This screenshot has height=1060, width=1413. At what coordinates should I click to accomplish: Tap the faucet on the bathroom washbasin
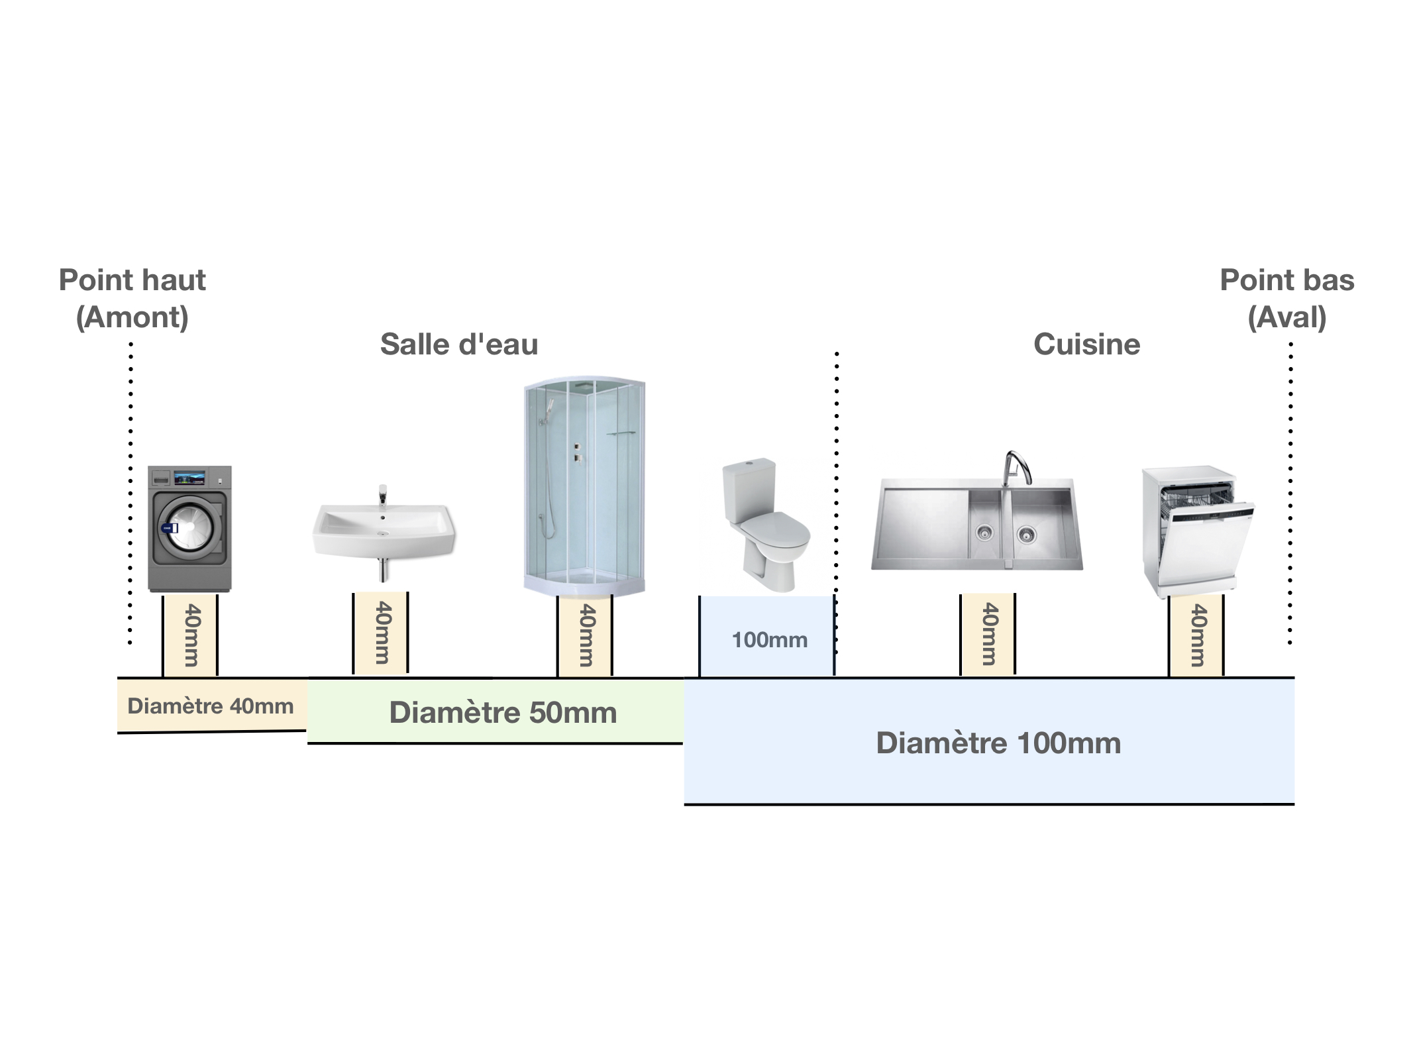(382, 496)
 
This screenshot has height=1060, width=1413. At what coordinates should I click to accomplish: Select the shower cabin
(584, 487)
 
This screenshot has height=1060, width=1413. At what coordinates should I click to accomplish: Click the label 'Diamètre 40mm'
(210, 706)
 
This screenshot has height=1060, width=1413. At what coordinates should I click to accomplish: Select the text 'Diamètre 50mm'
(503, 713)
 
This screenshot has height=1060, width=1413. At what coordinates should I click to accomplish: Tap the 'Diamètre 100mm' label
(998, 743)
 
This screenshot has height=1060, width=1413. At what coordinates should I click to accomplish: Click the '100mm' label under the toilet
(769, 640)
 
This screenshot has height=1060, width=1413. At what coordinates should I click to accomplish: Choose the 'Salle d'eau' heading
(459, 344)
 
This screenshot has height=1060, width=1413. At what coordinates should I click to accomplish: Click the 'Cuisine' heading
(1086, 344)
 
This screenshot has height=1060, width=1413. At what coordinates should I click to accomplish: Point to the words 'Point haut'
(132, 280)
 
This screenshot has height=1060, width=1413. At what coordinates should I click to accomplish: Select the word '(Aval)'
(1286, 317)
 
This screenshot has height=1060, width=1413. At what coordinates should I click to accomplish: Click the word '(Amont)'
(132, 317)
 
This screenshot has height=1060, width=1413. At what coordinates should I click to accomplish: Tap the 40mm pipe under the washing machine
(190, 635)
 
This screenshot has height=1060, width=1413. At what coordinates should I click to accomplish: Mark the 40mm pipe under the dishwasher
(1196, 635)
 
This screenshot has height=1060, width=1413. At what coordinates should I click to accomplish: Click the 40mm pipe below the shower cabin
(585, 635)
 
